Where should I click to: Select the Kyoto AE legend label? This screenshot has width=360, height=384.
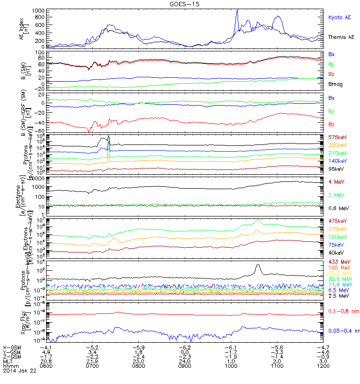point(340,17)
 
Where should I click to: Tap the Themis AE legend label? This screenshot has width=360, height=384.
point(341,37)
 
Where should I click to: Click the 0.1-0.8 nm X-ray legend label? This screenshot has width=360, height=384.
point(342,312)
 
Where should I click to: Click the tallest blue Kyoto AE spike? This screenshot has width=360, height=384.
point(237,10)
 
